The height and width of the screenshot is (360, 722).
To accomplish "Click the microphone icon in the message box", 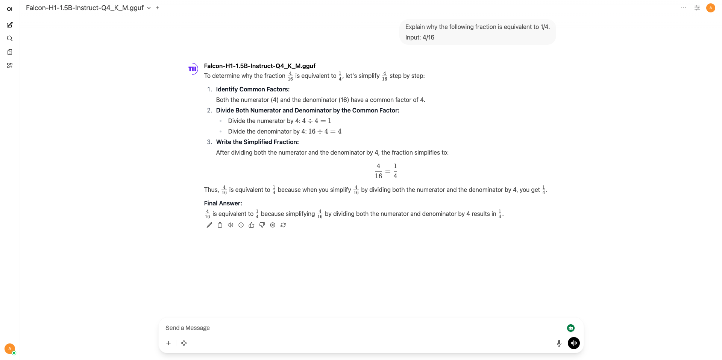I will (559, 343).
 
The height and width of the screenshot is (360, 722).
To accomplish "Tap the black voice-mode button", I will (573, 343).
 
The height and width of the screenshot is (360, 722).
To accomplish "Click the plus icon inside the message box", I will (168, 343).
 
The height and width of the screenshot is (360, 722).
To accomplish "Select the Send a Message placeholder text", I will (188, 328).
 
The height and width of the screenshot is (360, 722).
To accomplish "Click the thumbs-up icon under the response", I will (252, 225).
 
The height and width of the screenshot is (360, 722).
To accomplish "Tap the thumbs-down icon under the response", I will (262, 225).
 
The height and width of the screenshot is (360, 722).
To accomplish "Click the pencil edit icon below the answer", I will (209, 225).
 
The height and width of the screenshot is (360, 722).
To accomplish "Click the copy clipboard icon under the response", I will (220, 225).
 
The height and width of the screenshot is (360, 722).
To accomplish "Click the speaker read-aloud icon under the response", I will (231, 225).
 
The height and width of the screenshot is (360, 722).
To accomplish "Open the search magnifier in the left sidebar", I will (10, 38).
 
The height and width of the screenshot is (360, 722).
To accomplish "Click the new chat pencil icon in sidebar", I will (10, 25).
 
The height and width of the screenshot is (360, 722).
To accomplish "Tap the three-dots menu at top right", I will (684, 8).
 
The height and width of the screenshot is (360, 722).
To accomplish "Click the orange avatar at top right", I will (710, 8).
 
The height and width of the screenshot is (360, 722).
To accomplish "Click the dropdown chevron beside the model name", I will (149, 8).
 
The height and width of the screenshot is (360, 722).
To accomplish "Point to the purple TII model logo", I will (193, 69).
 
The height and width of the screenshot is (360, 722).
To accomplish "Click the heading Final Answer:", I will (223, 203).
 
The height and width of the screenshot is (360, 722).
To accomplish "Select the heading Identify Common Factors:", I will (253, 89).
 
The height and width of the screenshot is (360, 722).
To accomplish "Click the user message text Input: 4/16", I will (420, 37).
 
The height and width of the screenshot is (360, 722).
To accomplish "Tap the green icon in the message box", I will (570, 328).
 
